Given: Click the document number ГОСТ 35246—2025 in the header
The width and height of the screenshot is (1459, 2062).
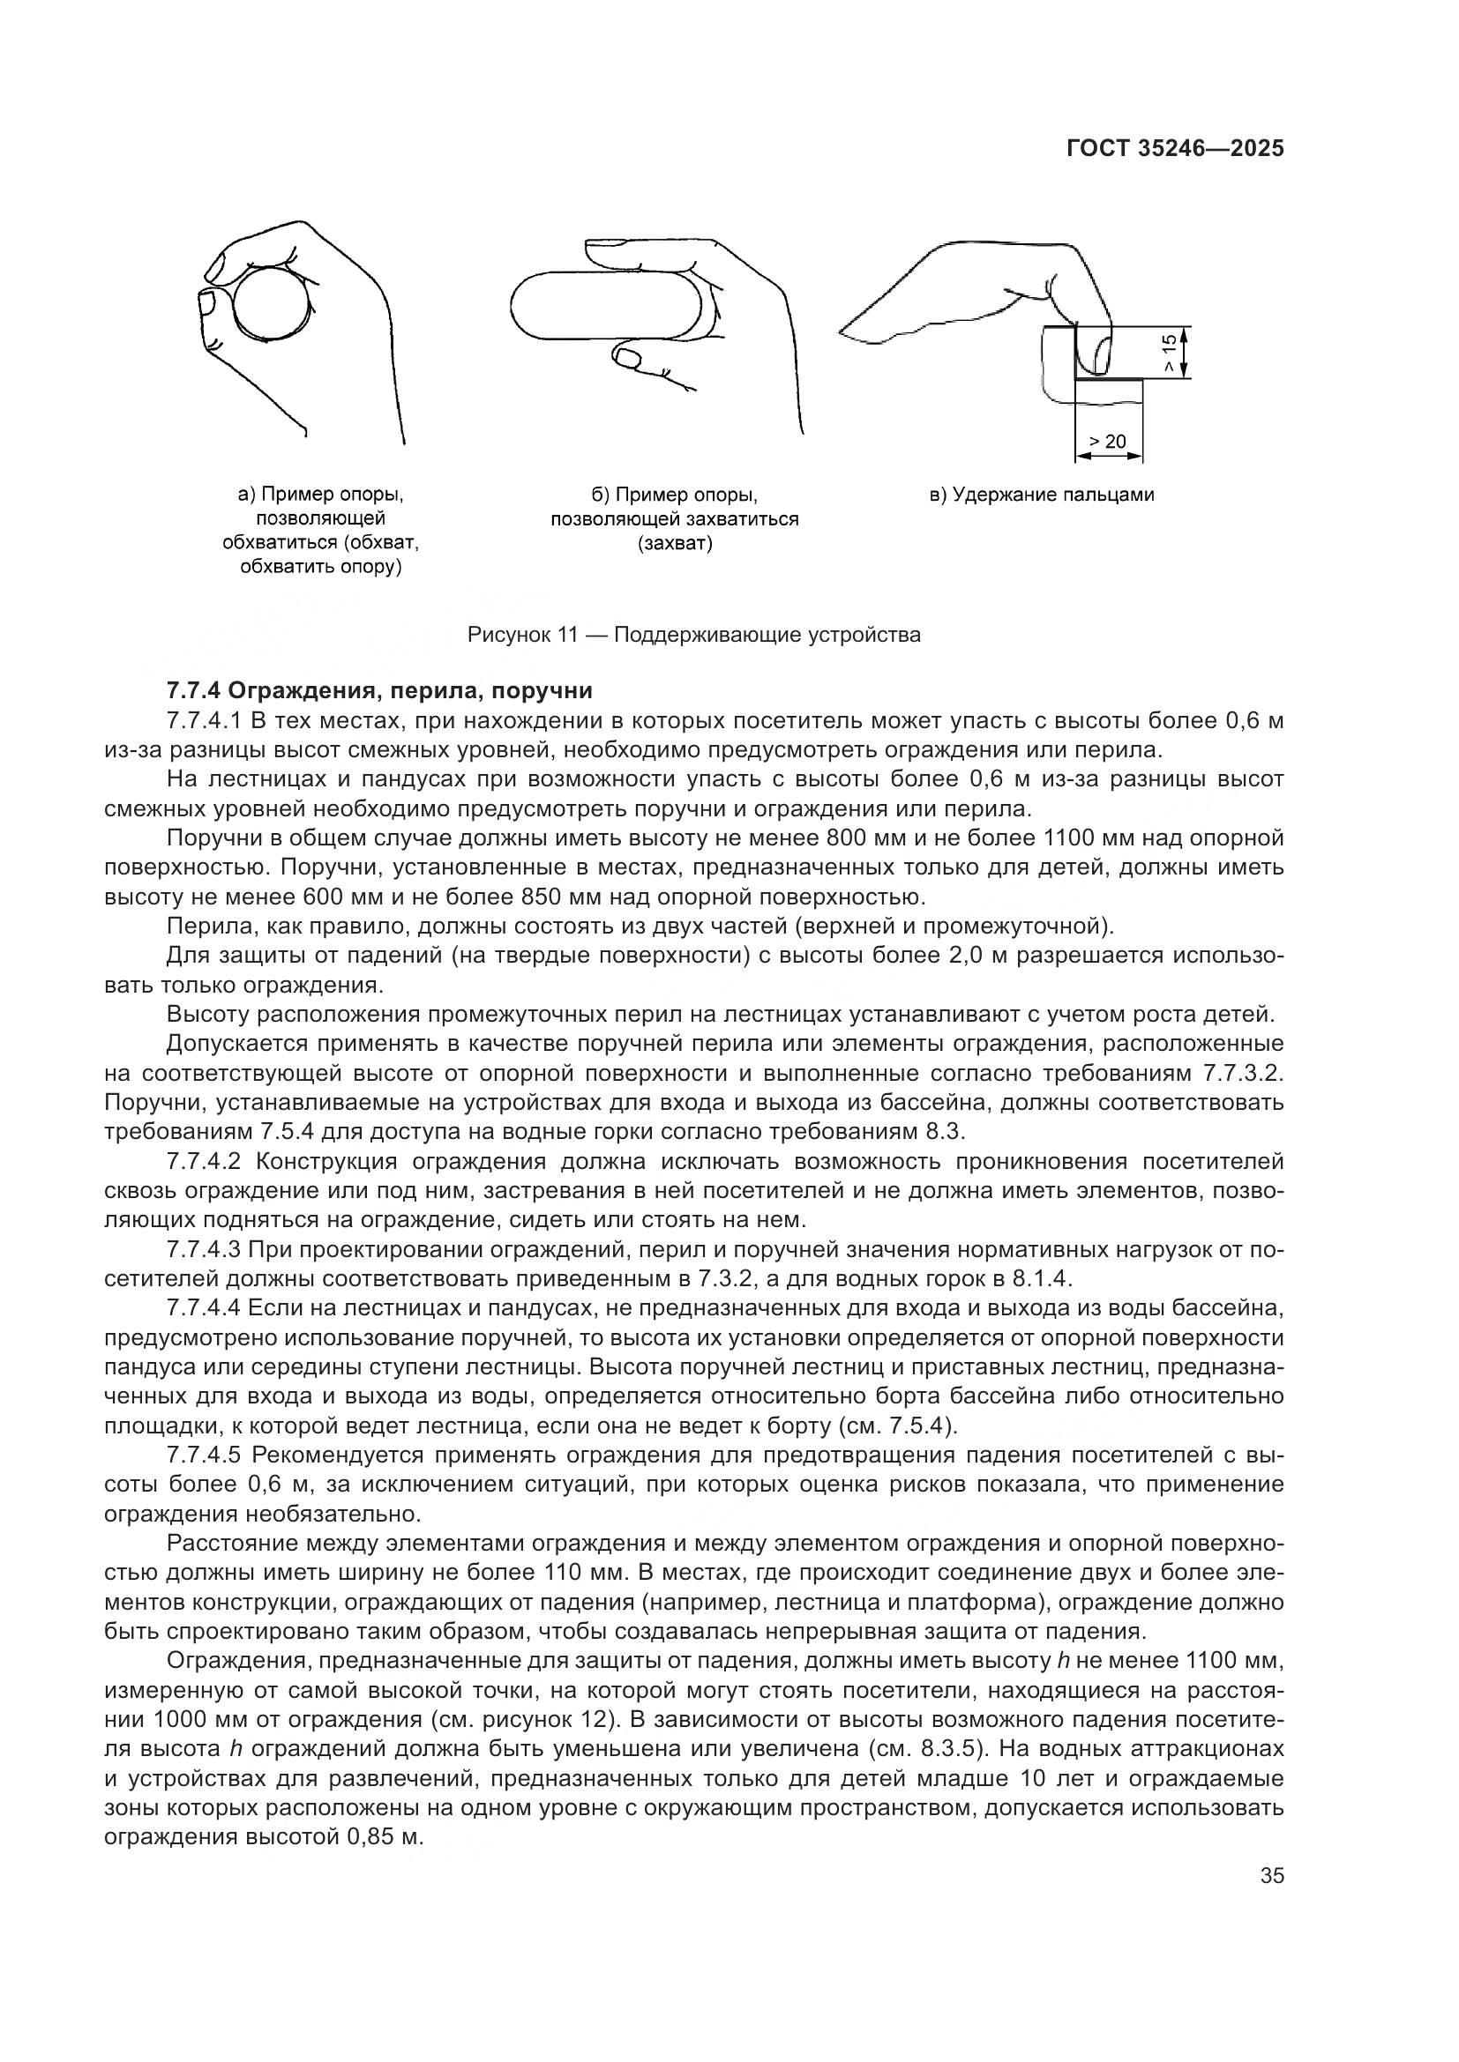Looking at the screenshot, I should [x=1175, y=149].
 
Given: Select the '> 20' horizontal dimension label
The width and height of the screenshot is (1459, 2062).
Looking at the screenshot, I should [x=1107, y=442].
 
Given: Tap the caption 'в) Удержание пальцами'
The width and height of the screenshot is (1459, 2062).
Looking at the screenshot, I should [x=1041, y=495].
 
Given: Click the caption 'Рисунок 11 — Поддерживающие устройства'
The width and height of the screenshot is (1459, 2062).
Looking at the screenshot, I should [x=693, y=636].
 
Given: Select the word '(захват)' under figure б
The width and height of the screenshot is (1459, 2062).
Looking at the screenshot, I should [x=675, y=543].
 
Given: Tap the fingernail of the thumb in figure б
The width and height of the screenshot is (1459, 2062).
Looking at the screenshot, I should [x=626, y=358].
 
